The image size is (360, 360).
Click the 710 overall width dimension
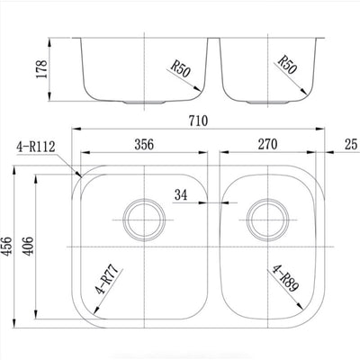[x=198, y=121]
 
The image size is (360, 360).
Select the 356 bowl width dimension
[x=144, y=144]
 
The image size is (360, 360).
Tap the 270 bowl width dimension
[x=267, y=144]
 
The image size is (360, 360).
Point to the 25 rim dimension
[x=351, y=144]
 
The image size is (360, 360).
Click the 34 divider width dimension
[x=181, y=195]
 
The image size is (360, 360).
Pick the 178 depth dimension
[x=41, y=69]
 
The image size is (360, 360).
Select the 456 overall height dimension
[x=6, y=247]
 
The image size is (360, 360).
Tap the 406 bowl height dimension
[x=29, y=247]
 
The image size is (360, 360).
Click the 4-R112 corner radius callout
[x=36, y=148]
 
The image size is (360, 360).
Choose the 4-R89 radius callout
[x=285, y=278]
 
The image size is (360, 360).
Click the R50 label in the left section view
[x=181, y=69]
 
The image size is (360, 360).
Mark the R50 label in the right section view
[x=287, y=65]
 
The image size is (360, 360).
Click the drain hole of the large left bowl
[x=144, y=220]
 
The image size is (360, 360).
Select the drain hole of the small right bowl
[x=267, y=220]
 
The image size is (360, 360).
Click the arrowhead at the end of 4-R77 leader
[x=96, y=310]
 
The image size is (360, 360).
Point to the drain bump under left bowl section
[x=144, y=103]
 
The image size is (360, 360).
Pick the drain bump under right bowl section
[x=267, y=103]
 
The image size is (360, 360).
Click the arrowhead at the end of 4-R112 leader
[x=79, y=175]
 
